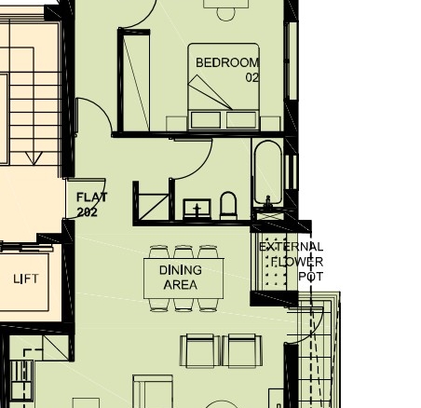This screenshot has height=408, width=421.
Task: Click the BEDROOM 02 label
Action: click(x=227, y=70)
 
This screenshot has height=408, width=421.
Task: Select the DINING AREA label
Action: click(x=181, y=278)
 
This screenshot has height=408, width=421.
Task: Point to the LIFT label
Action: click(x=26, y=279)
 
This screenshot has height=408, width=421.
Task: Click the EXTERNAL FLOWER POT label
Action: click(x=292, y=262)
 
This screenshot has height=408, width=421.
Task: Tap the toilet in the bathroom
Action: click(x=228, y=206)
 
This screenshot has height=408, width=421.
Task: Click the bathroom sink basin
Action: click(x=197, y=210)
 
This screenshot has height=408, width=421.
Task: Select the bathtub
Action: click(x=268, y=172)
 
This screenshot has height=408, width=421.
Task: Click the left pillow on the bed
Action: click(x=206, y=120)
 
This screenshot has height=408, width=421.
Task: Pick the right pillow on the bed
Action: click(x=241, y=120)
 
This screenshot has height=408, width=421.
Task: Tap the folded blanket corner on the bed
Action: click(x=209, y=92)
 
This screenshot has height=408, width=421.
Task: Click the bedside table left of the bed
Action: click(x=177, y=124)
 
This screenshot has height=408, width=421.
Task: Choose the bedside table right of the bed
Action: click(x=270, y=124)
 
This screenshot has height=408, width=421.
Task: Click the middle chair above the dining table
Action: click(x=183, y=252)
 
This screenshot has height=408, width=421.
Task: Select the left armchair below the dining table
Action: click(x=200, y=351)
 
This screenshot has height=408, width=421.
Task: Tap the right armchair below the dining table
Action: click(x=242, y=351)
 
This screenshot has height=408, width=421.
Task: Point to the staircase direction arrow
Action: click(x=34, y=158)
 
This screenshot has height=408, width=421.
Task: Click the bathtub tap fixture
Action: click(x=268, y=201)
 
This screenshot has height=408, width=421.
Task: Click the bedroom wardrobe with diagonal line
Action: click(x=133, y=81)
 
